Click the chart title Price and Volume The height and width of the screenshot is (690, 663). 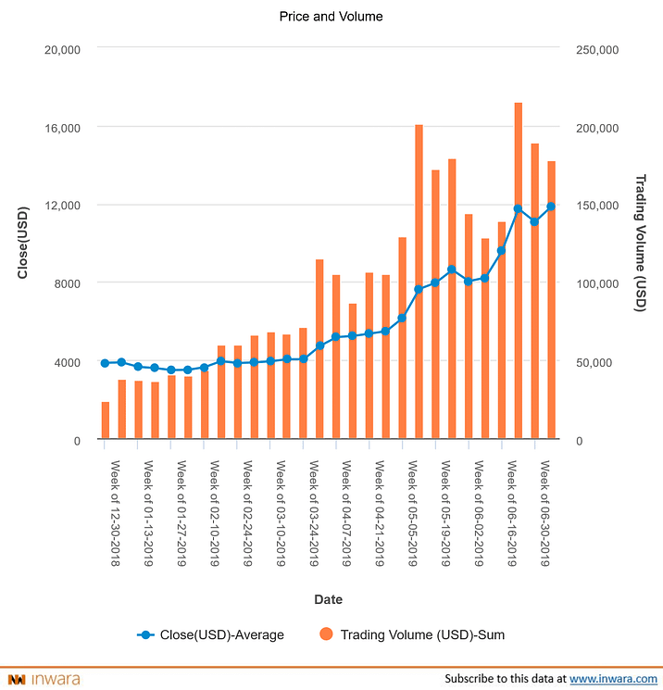coord(331,17)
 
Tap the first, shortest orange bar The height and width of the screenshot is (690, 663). coord(106,420)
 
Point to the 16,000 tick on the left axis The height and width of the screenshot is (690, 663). coord(62,127)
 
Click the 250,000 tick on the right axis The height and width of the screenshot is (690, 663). coord(598,49)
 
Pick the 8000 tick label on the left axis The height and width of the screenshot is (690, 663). coord(67,283)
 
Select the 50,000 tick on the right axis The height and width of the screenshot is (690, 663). coord(594,362)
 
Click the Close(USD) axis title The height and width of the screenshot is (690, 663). coord(24,245)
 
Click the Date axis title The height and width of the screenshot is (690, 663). coord(329,599)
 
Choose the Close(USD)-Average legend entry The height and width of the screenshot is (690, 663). coord(211,635)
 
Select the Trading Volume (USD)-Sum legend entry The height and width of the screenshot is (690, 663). coord(412,635)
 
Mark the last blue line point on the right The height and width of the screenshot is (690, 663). coord(552,207)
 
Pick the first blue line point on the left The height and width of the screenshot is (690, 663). coord(106,363)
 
